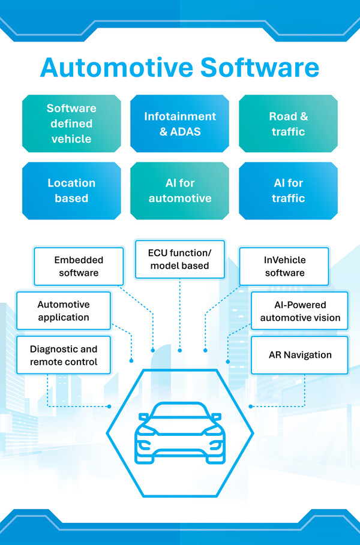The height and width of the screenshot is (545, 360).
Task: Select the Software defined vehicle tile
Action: pyautogui.click(x=71, y=124)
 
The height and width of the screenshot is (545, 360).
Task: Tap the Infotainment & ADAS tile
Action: pyautogui.click(x=179, y=124)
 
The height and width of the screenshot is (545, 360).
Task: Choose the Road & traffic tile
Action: pyautogui.click(x=288, y=124)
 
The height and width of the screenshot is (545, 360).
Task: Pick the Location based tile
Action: pyautogui.click(x=71, y=190)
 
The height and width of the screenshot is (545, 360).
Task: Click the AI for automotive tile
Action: pyautogui.click(x=179, y=190)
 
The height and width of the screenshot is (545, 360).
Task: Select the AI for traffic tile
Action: pyautogui.click(x=288, y=190)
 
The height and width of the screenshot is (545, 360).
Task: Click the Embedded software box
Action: pyautogui.click(x=79, y=266)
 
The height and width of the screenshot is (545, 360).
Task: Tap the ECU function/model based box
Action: pyautogui.click(x=179, y=259)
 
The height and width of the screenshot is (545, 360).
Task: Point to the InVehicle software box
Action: pyautogui.click(x=284, y=266)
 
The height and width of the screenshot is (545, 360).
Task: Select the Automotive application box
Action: pyautogui.click(x=64, y=311)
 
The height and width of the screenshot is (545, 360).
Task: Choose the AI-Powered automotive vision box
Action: pyautogui.click(x=300, y=311)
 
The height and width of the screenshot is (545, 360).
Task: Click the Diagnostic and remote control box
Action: pyautogui.click(x=64, y=356)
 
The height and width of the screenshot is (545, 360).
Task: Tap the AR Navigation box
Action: pyautogui.click(x=300, y=355)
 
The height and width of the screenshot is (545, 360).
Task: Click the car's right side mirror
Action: pyautogui.click(x=216, y=416)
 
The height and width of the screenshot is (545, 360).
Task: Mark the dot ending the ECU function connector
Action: pyautogui.click(x=179, y=350)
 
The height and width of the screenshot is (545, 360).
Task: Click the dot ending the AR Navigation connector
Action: pyautogui.click(x=250, y=406)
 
